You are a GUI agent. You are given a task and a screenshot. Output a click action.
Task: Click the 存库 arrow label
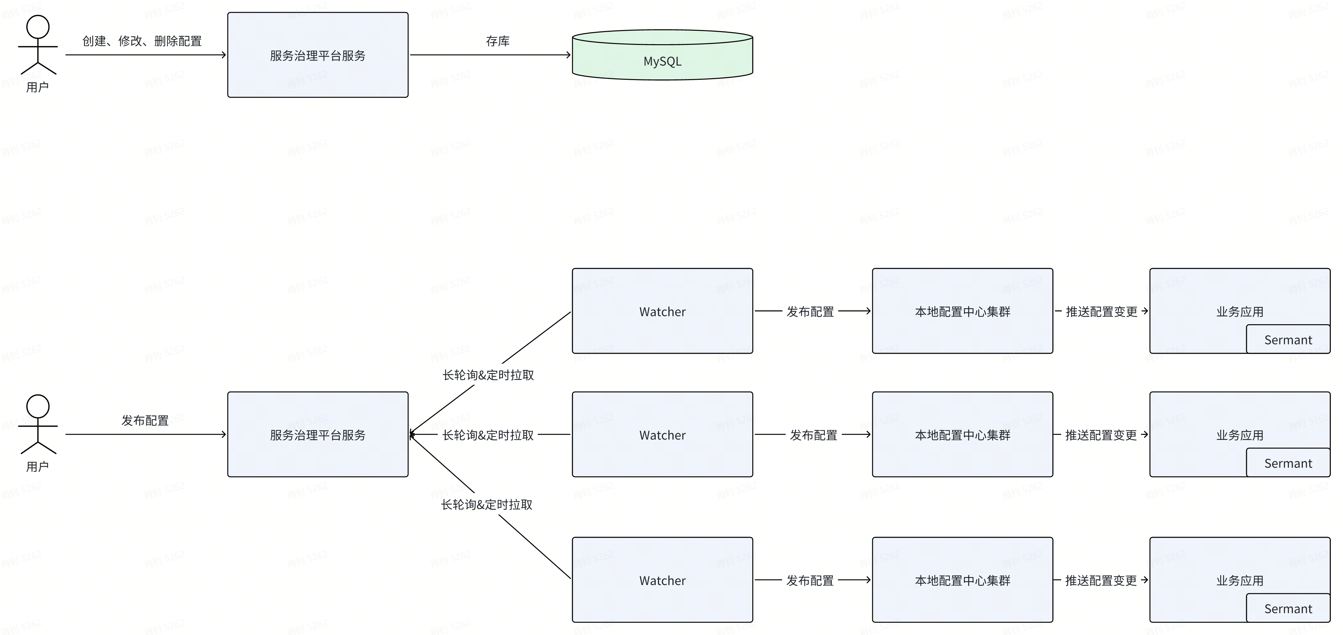tap(497, 41)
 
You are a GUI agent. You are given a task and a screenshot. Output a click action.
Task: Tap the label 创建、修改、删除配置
tap(142, 41)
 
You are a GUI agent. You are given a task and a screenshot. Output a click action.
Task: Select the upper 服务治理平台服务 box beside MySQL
tap(317, 55)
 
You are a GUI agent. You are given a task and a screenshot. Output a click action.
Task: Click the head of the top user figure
tap(38, 27)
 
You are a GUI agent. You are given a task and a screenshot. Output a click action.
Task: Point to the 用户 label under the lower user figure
tap(38, 467)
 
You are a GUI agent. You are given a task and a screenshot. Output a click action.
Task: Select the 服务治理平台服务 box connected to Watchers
tap(317, 434)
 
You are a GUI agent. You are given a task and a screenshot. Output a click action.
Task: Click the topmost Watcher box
tap(662, 311)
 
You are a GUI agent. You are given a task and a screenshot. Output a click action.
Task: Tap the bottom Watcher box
tap(662, 580)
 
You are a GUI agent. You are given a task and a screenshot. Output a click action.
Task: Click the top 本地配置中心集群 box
tap(962, 311)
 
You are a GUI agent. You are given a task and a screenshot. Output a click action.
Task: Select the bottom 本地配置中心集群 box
tap(962, 580)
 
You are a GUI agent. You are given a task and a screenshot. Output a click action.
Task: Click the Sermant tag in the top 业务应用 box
tap(1288, 340)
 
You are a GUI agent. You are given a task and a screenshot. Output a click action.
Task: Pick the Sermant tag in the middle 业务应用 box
tap(1288, 463)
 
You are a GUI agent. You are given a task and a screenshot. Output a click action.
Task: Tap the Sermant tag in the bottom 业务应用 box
tap(1288, 608)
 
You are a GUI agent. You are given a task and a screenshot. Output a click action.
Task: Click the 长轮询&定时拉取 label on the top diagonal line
tap(488, 375)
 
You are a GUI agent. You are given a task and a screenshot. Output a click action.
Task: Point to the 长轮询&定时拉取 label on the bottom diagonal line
tap(486, 504)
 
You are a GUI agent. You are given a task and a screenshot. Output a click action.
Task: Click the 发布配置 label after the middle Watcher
tap(813, 435)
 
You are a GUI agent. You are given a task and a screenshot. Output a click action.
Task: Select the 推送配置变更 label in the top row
tap(1101, 311)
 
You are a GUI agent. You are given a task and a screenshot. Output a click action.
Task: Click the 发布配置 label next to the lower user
tap(145, 420)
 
